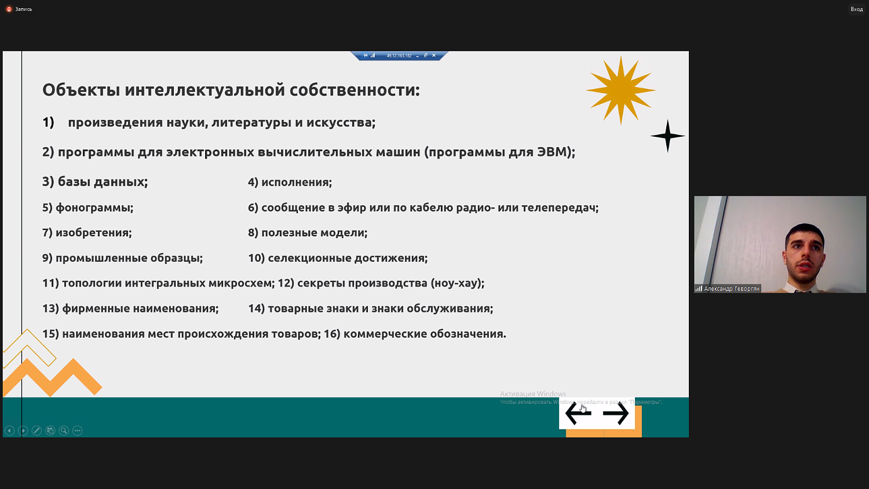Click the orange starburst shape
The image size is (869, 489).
point(620,90)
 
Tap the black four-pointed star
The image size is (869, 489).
point(667,136)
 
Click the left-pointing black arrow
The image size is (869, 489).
point(578,414)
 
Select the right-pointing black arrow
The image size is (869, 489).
point(615,414)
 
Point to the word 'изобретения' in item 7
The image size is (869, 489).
point(93,233)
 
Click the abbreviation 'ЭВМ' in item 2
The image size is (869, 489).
point(553,152)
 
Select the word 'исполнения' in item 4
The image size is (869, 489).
point(296,183)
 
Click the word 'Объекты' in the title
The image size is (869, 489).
point(81,90)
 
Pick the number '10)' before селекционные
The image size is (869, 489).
point(256,258)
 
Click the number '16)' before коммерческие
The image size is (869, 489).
point(331,334)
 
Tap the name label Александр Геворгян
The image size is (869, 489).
point(731,289)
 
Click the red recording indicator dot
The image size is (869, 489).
point(9,9)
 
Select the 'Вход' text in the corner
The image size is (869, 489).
point(856,9)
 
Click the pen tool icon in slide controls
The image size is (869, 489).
point(36,430)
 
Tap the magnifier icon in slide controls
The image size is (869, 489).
point(64,430)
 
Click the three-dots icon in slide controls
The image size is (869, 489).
point(78,430)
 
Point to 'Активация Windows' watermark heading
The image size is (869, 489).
point(532,394)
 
